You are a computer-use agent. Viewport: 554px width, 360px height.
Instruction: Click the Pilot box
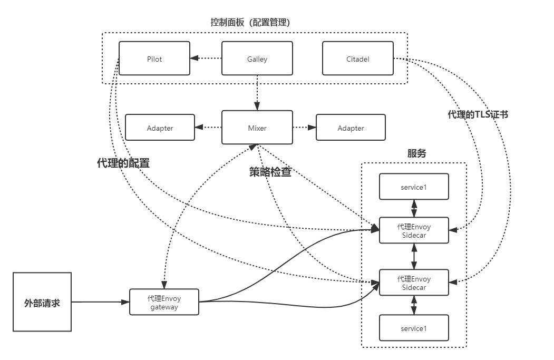[x=154, y=59]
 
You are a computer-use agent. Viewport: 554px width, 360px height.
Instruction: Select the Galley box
[x=257, y=59]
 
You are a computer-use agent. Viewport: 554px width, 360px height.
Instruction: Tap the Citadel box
[x=358, y=59]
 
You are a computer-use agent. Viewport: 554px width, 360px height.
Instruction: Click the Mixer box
[x=257, y=128]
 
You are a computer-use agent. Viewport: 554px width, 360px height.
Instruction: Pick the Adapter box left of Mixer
[x=160, y=128]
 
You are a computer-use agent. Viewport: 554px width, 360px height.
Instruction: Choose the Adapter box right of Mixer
[x=351, y=128]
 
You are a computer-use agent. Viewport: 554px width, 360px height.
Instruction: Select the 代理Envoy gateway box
[x=164, y=303]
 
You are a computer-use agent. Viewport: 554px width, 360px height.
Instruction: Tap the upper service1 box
[x=414, y=187]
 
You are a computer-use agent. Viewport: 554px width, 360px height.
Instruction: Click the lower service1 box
[x=414, y=328]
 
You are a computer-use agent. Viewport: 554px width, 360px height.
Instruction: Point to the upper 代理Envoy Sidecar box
[x=414, y=231]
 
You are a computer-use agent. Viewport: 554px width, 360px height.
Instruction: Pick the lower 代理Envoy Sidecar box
[x=414, y=283]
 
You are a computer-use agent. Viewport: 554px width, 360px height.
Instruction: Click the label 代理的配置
[x=123, y=163]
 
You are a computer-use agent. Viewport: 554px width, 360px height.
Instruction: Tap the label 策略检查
[x=270, y=172]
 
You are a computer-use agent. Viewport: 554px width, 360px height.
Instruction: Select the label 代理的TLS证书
[x=478, y=114]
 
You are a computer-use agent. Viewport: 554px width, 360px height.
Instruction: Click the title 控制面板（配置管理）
[x=250, y=23]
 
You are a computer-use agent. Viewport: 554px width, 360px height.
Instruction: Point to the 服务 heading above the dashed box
[x=416, y=153]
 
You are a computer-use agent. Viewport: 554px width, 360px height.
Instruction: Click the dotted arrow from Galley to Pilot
[x=206, y=59]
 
